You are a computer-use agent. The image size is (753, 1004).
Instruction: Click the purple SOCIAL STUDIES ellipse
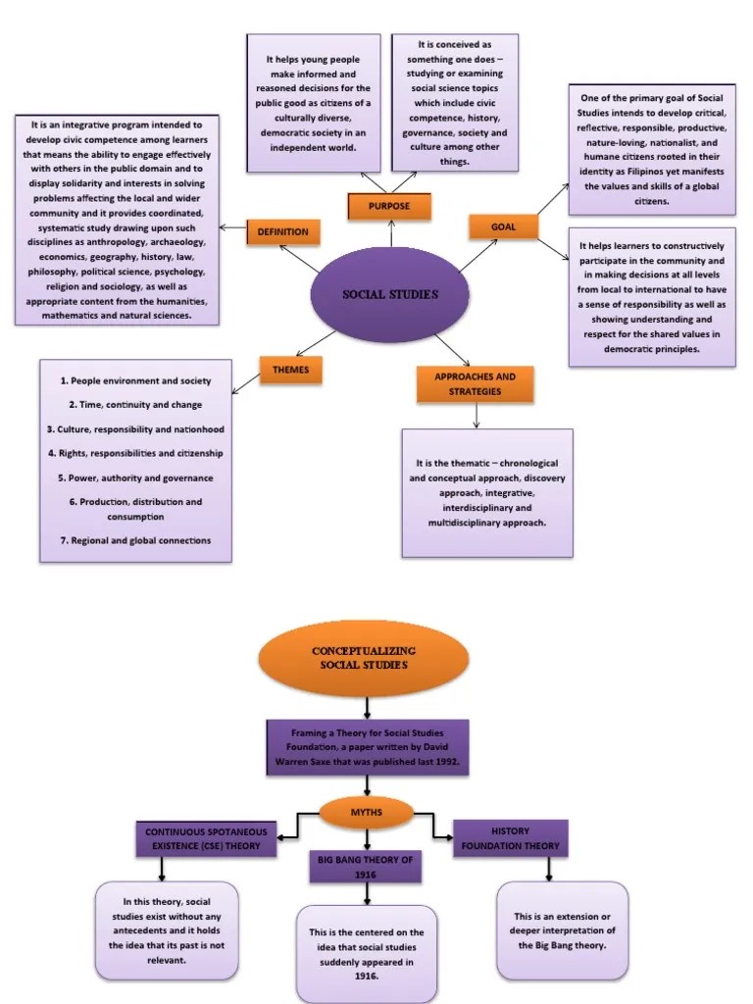tap(390, 293)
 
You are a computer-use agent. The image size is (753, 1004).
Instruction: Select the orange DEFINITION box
tap(282, 231)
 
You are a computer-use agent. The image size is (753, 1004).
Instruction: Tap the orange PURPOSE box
tap(389, 206)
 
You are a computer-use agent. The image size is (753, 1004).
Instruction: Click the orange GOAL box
tap(504, 227)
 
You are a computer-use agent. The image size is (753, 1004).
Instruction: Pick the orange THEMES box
tap(290, 370)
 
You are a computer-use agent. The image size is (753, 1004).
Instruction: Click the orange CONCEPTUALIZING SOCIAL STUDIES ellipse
tap(363, 659)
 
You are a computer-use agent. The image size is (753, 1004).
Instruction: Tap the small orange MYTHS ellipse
tap(367, 812)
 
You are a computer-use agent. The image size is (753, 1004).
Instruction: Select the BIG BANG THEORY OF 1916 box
tap(366, 866)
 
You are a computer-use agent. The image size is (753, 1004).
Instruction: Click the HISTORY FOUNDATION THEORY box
tap(510, 838)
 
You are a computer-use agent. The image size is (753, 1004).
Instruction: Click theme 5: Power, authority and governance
tap(135, 478)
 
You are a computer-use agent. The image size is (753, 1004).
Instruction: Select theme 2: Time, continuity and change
tap(135, 405)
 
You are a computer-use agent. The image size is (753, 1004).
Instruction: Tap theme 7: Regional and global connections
tap(135, 540)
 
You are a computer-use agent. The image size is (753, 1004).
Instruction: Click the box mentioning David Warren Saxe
tap(367, 747)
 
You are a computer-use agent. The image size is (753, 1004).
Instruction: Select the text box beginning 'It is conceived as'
tap(454, 103)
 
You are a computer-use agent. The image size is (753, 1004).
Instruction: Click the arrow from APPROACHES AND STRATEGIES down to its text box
tap(476, 416)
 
